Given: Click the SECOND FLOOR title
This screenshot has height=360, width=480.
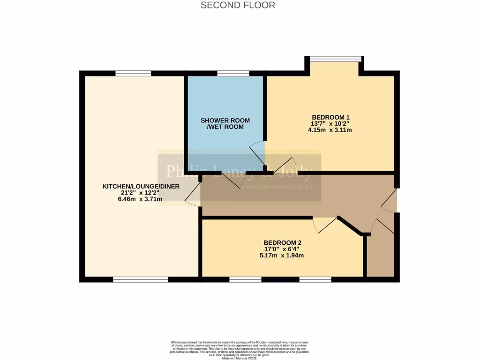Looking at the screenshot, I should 238,5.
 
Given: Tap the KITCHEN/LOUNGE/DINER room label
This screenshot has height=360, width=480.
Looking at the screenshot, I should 133,187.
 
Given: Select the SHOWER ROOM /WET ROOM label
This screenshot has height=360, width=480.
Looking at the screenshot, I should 226,123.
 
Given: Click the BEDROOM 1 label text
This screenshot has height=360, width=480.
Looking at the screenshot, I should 330,117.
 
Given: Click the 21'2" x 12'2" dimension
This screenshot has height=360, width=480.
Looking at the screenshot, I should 133,193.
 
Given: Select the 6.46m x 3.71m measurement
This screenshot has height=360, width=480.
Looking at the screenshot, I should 133,199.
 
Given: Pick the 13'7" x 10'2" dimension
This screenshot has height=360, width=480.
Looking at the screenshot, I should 330,123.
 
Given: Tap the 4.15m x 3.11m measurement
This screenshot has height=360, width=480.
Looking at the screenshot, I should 330,130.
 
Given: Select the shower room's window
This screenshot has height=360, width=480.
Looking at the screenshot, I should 233,73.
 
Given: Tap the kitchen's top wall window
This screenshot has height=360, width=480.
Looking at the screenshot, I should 133,73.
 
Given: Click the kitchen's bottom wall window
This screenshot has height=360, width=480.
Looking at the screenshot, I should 141,279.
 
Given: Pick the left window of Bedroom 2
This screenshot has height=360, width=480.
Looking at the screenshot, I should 245,279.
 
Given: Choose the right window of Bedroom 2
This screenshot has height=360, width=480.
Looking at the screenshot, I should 315,279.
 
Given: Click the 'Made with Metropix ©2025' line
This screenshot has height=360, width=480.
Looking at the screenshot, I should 240,358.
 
